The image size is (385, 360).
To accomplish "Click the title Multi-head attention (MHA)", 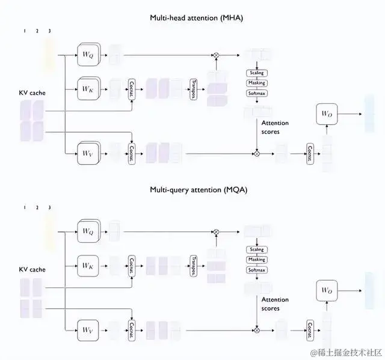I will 192,18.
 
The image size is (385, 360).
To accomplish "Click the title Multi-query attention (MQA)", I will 192,190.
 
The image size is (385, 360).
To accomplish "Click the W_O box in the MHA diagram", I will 327,114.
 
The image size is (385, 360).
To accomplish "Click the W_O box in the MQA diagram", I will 327,290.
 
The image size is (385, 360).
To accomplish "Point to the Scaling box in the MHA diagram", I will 256,73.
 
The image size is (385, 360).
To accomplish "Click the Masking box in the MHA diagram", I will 256,83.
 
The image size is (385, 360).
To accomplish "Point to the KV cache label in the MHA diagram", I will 34,93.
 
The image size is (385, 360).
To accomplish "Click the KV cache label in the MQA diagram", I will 34,269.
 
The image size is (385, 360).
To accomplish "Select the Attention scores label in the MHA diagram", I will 274,127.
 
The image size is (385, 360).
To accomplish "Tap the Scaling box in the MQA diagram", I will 256,249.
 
